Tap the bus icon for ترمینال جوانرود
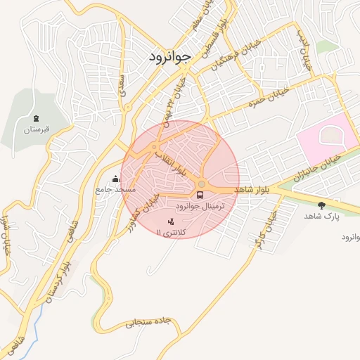tap(201, 195)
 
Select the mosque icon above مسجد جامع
tap(115, 179)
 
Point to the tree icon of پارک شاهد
tap(321, 205)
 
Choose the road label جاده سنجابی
tap(148, 322)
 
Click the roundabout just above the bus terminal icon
tap(202, 184)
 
